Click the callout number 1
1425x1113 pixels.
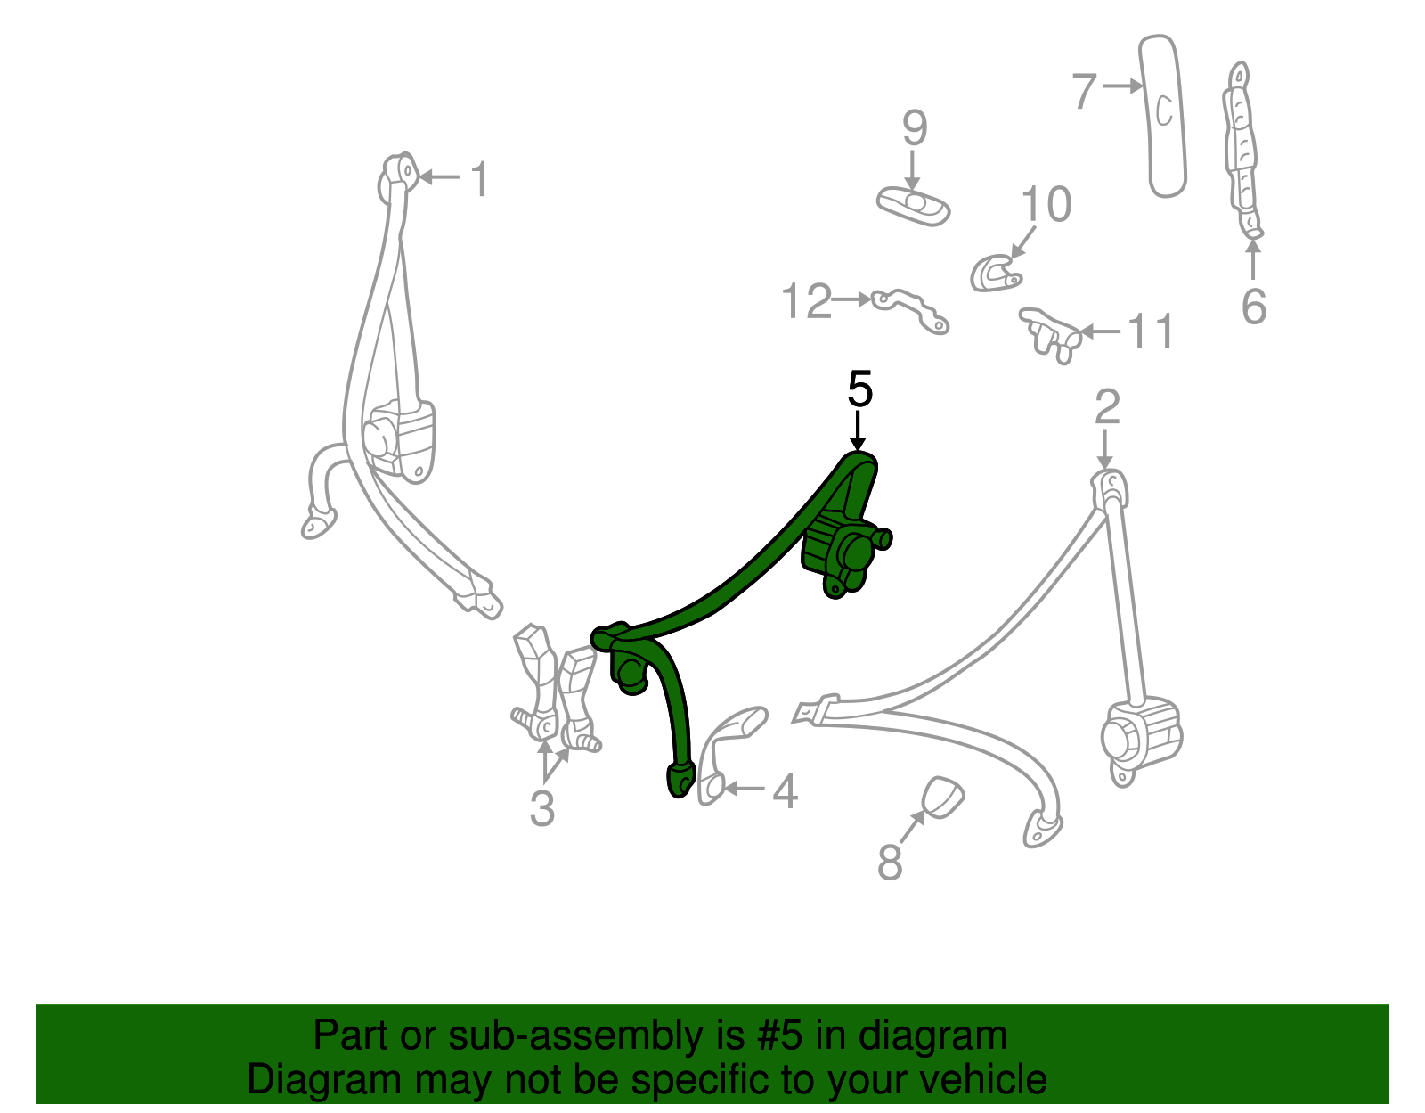479,179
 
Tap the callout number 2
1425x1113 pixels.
1106,407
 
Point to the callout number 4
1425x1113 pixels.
784,790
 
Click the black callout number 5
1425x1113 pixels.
859,389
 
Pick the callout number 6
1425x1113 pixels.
1253,307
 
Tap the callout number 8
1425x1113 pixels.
890,862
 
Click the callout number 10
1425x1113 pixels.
1046,204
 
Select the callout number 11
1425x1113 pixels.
1152,331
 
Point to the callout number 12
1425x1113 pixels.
806,301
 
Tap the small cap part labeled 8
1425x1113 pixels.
941,796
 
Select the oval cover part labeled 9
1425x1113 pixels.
913,205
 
